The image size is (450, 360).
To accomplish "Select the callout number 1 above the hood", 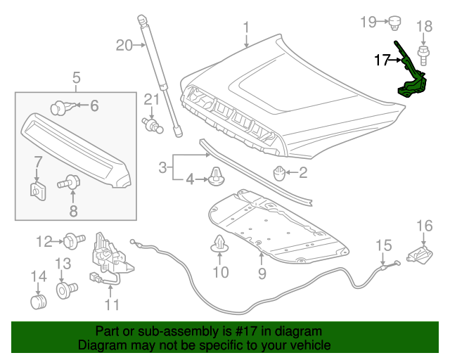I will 247,28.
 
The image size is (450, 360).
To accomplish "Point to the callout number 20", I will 124,46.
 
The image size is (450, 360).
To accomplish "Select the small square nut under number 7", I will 38,189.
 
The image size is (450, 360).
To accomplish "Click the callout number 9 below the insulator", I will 262,271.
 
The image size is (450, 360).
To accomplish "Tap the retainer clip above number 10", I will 220,245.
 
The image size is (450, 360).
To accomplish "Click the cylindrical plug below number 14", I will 37,302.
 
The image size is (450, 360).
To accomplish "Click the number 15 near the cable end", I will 382,246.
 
